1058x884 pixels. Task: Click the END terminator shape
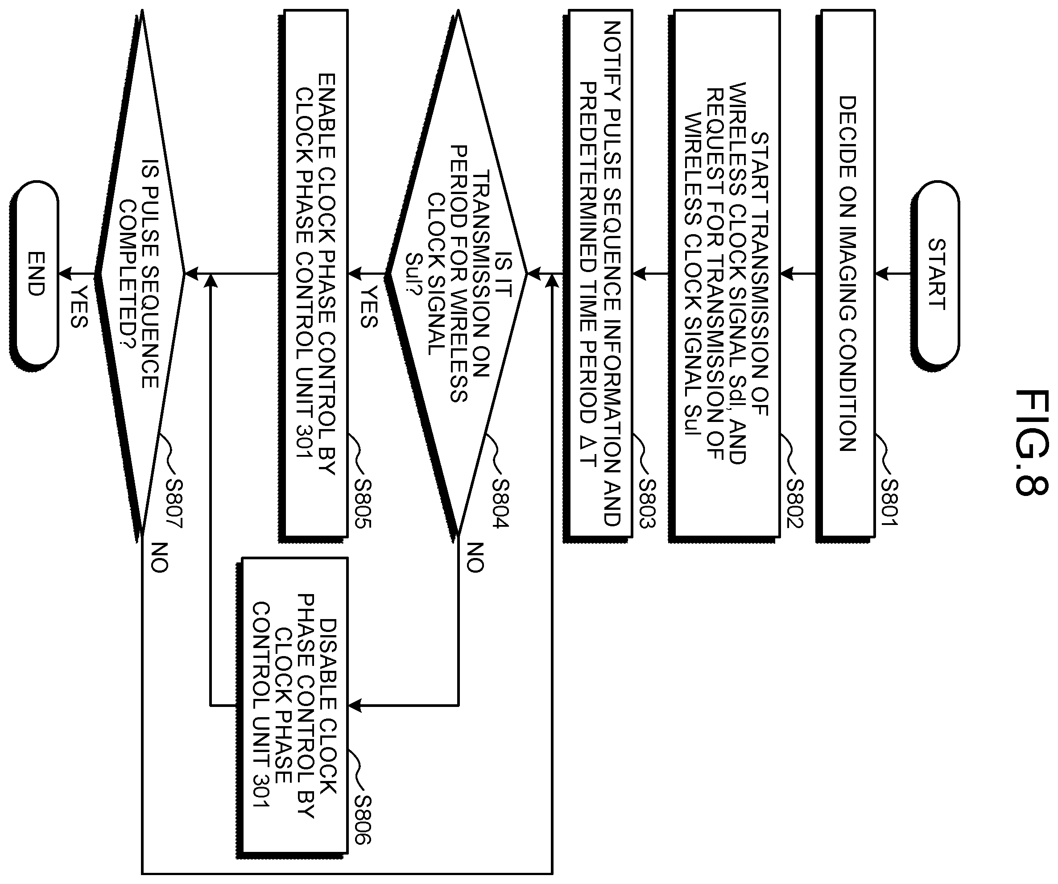pyautogui.click(x=34, y=274)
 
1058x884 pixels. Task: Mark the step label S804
pyautogui.click(x=501, y=503)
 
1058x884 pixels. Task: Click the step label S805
pyautogui.click(x=363, y=503)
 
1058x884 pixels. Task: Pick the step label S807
pyautogui.click(x=174, y=503)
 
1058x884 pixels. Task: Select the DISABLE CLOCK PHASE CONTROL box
pyautogui.click(x=292, y=713)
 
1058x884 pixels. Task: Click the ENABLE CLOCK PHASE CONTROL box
pyautogui.click(x=314, y=274)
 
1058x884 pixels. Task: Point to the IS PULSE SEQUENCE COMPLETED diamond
pyautogui.click(x=140, y=274)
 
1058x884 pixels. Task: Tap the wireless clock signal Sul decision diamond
pyautogui.click(x=456, y=274)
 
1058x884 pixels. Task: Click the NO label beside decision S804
pyautogui.click(x=475, y=557)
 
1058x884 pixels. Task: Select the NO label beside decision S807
pyautogui.click(x=159, y=557)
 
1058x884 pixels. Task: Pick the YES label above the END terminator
pyautogui.click(x=79, y=307)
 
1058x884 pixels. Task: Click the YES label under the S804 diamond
pyautogui.click(x=369, y=307)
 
